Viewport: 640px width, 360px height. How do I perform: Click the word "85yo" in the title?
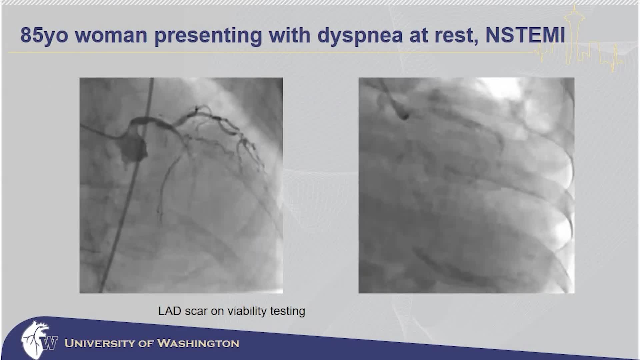tap(44, 35)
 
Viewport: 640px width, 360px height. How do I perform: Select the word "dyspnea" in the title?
tap(360, 35)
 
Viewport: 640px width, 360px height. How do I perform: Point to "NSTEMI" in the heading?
tap(525, 35)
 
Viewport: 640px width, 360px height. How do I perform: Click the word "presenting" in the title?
tap(208, 35)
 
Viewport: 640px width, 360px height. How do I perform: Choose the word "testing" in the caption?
tap(288, 311)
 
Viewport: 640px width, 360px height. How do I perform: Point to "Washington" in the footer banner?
tap(198, 343)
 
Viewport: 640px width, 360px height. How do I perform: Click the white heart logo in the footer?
tap(34, 340)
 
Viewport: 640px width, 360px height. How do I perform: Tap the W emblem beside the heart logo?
tap(50, 343)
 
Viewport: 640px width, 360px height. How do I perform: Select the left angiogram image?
tap(181, 185)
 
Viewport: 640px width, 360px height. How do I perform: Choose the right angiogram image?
tap(466, 185)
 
